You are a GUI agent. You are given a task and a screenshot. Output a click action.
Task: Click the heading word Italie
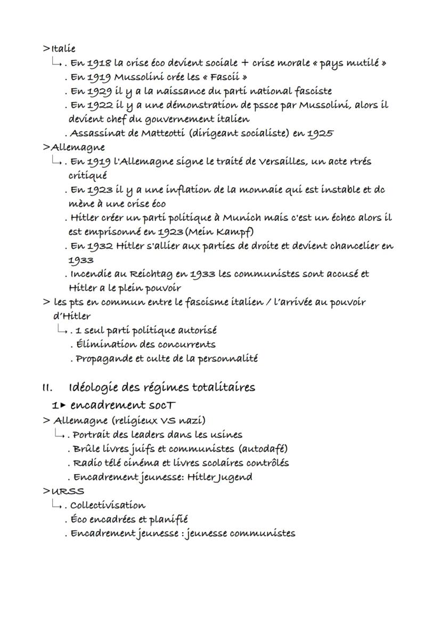coord(63,49)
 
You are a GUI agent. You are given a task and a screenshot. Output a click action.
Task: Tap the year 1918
coord(98,63)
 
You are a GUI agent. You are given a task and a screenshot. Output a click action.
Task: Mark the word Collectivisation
coord(108,505)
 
